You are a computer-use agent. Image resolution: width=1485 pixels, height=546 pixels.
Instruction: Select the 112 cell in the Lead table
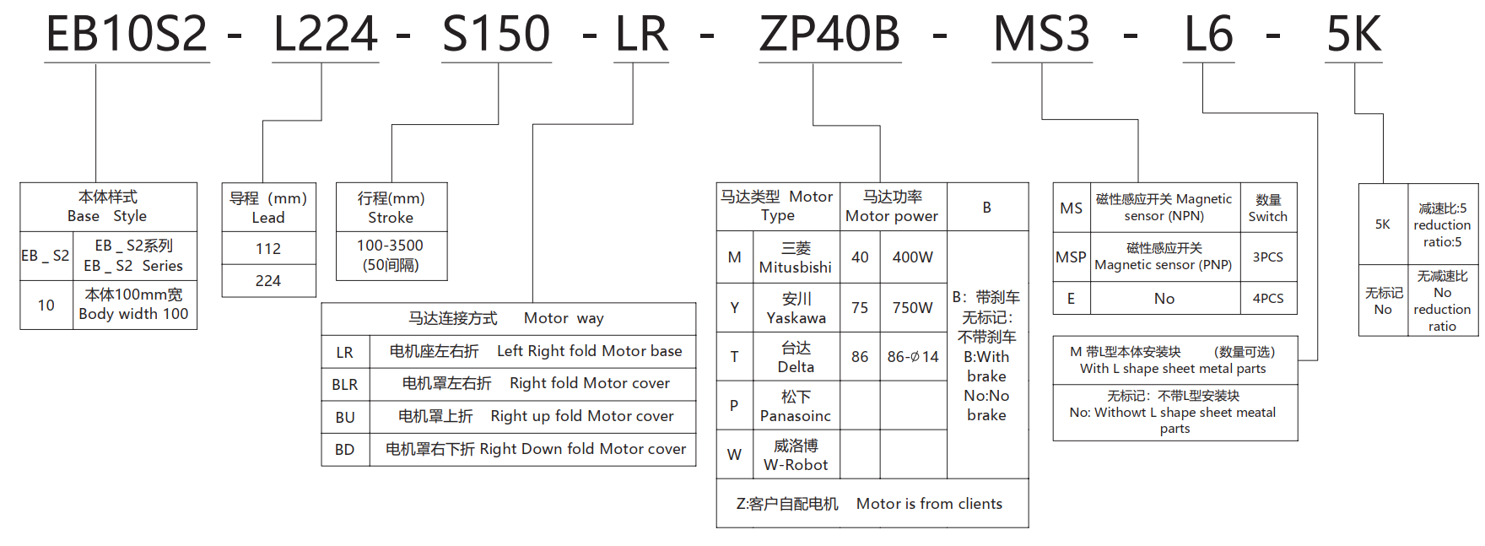(x=268, y=249)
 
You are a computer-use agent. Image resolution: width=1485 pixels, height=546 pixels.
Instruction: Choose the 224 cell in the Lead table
(x=268, y=281)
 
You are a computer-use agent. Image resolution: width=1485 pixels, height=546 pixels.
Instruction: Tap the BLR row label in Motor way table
(x=345, y=385)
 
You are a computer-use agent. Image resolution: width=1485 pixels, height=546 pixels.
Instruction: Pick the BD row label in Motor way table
(x=345, y=450)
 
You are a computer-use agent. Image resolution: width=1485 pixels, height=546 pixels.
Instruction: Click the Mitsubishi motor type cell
(x=795, y=257)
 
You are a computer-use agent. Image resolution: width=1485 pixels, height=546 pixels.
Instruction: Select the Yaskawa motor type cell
(x=796, y=308)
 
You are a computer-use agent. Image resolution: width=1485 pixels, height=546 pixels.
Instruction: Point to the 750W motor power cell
(x=912, y=308)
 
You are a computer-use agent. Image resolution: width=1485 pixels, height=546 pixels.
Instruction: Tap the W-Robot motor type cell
(x=796, y=455)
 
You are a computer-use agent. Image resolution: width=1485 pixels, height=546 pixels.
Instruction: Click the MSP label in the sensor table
(x=1071, y=257)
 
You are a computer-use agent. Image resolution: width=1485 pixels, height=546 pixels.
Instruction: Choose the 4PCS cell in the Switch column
(x=1267, y=299)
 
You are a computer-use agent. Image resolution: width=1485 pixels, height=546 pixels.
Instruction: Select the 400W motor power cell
(x=912, y=257)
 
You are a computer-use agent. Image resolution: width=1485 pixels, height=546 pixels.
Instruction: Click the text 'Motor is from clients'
(x=929, y=504)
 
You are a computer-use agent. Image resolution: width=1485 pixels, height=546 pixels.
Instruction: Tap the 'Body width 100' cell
(x=134, y=305)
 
